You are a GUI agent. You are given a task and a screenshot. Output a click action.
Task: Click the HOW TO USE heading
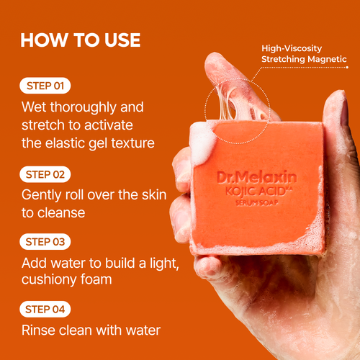tap(81, 39)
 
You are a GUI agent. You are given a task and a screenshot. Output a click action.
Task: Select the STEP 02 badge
tap(45, 174)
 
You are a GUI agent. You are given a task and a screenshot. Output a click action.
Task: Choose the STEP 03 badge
tap(45, 241)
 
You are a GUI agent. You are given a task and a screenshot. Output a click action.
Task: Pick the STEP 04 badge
tap(45, 310)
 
